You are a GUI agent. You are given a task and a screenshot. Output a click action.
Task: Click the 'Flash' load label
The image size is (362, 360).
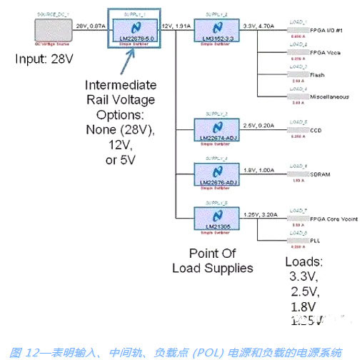[318, 74]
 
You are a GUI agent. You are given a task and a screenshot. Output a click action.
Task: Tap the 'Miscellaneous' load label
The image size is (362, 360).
[329, 96]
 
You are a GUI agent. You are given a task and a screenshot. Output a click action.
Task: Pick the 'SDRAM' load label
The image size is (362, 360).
[319, 174]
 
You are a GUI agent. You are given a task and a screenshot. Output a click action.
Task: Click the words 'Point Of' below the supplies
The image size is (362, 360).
[213, 254]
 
